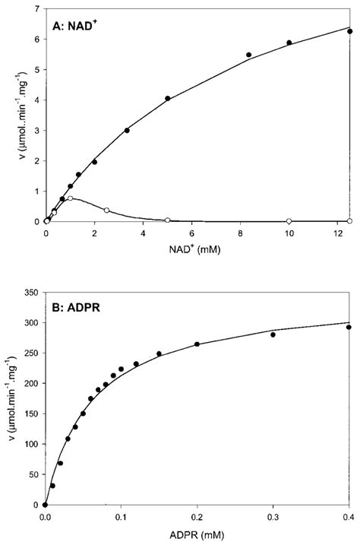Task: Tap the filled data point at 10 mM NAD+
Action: click(x=289, y=43)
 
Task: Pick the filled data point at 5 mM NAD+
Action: click(x=167, y=98)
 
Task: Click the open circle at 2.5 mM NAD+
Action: click(x=106, y=210)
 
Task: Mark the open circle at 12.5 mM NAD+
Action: click(x=349, y=220)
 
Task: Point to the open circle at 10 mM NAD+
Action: click(x=289, y=220)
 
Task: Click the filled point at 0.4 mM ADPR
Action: click(x=349, y=327)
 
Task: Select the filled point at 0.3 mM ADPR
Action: click(x=273, y=334)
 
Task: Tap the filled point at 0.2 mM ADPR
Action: click(x=197, y=344)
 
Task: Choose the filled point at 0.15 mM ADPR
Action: click(x=159, y=353)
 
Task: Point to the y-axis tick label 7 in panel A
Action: click(x=38, y=9)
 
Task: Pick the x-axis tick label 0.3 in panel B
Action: click(x=273, y=517)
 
